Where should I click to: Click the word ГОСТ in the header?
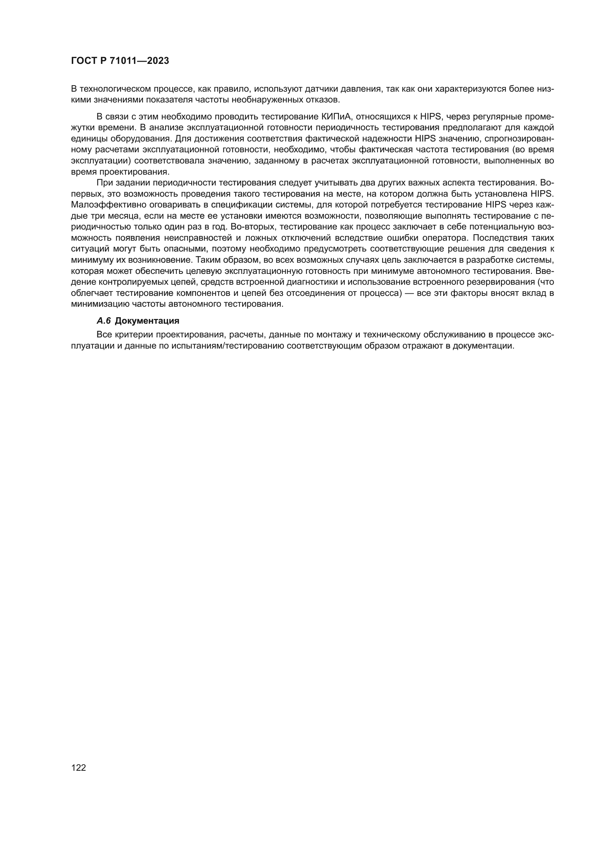[83, 61]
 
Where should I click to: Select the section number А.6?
[104, 321]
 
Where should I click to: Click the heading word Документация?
[147, 321]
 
